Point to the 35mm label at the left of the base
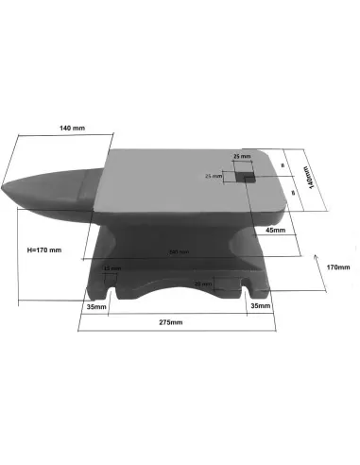point(95,307)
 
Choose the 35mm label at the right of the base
point(259,307)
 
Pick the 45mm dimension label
point(275,230)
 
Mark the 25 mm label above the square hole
point(242,157)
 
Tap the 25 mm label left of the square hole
point(214,176)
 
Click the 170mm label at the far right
point(337,267)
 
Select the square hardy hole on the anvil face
point(244,175)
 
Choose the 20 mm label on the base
point(201,284)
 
